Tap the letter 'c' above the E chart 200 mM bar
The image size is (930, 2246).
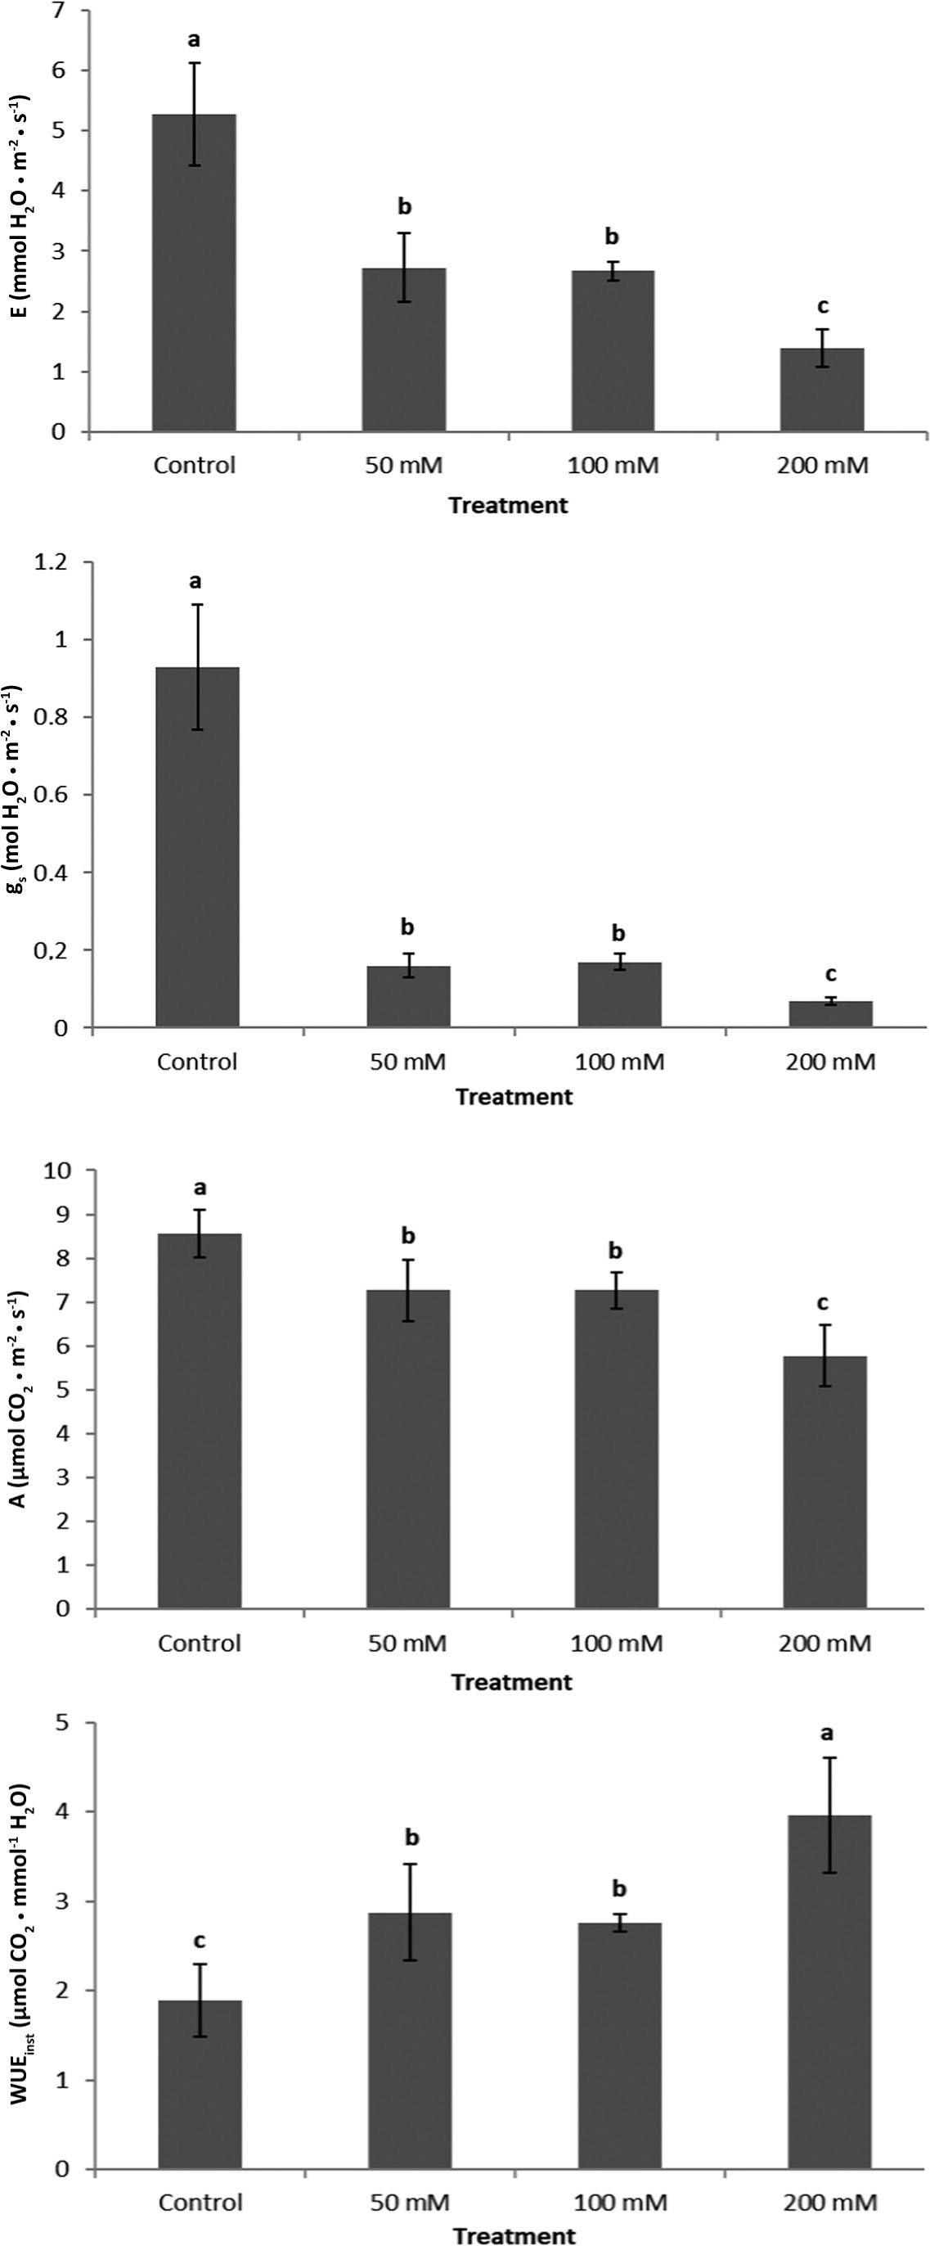[x=822, y=305]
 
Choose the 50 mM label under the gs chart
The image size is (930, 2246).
[x=408, y=1062]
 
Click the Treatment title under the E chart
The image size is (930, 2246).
[x=508, y=505]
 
